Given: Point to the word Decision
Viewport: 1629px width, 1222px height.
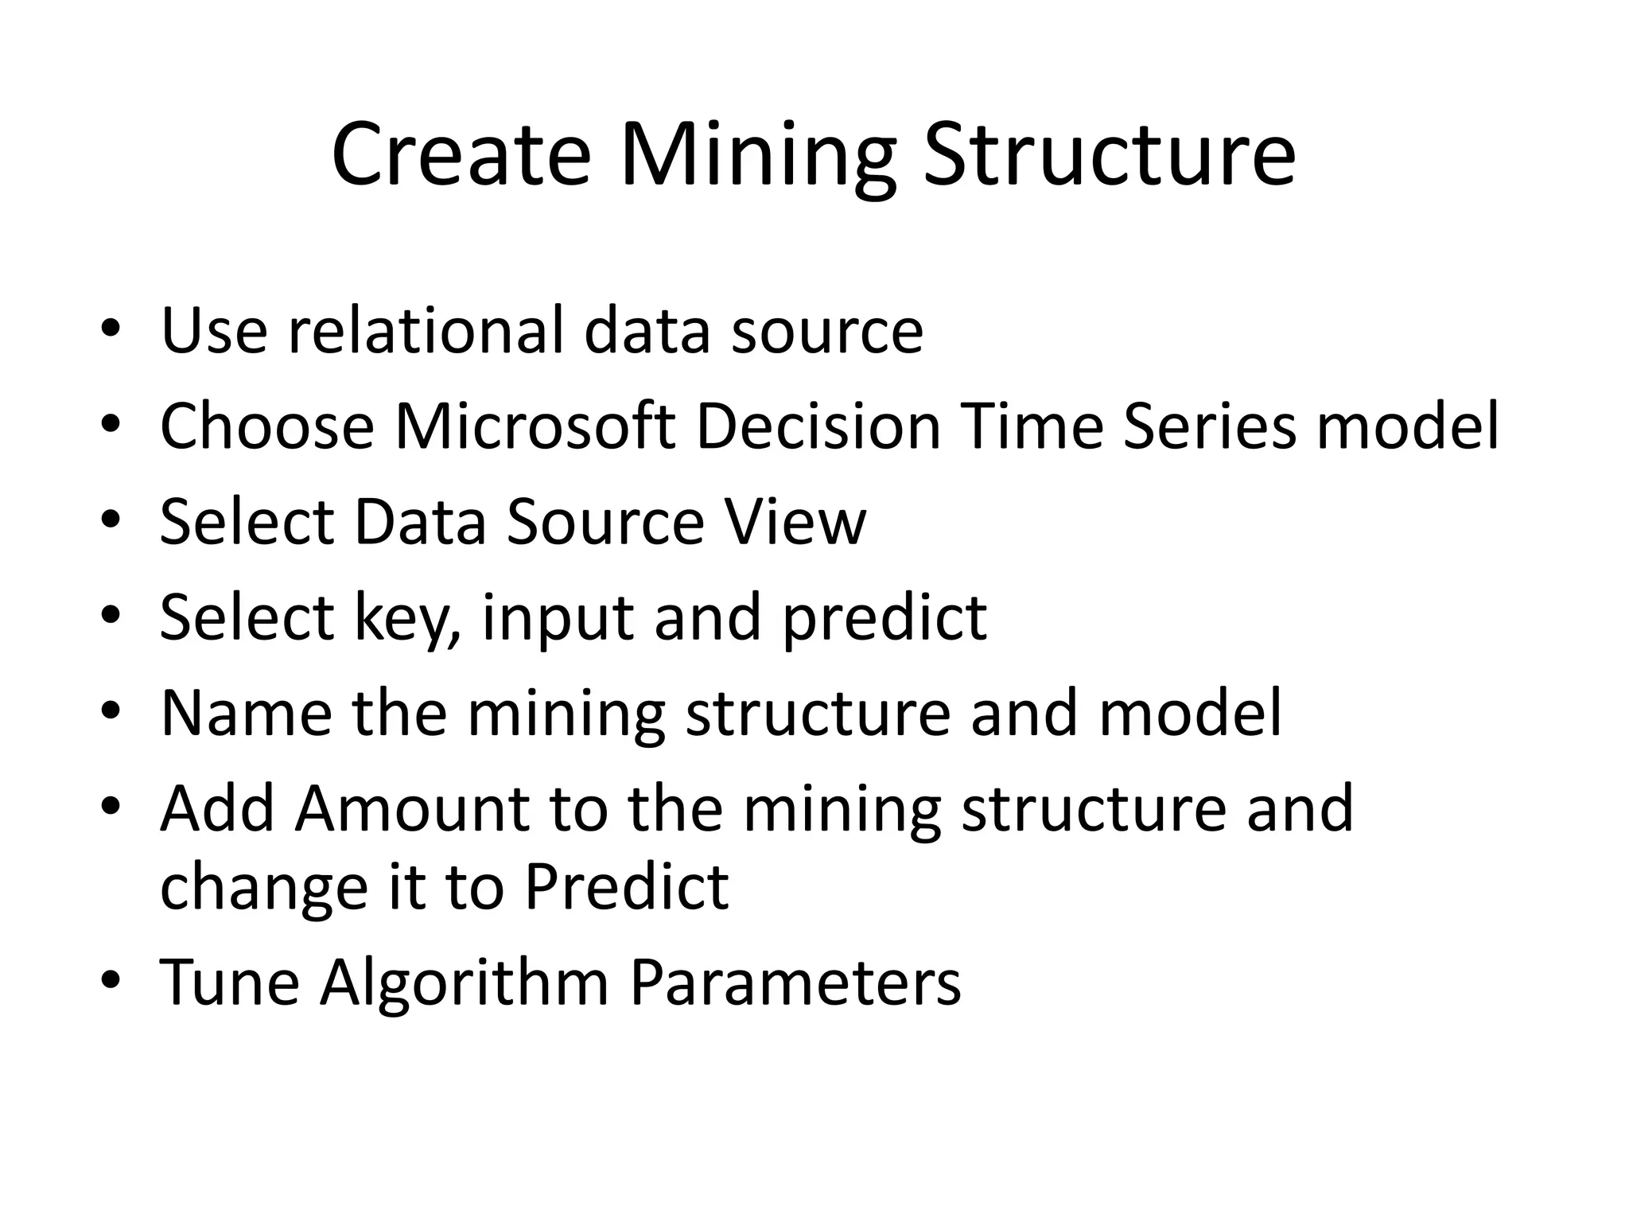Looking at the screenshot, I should pyautogui.click(x=818, y=426).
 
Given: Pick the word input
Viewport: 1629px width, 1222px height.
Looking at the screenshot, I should pyautogui.click(x=558, y=618).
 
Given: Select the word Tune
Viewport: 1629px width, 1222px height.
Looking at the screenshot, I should pyautogui.click(x=229, y=983).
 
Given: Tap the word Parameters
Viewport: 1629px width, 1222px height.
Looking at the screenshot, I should pyautogui.click(x=795, y=983).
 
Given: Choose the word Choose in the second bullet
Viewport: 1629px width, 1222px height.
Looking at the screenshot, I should pyautogui.click(x=266, y=426).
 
